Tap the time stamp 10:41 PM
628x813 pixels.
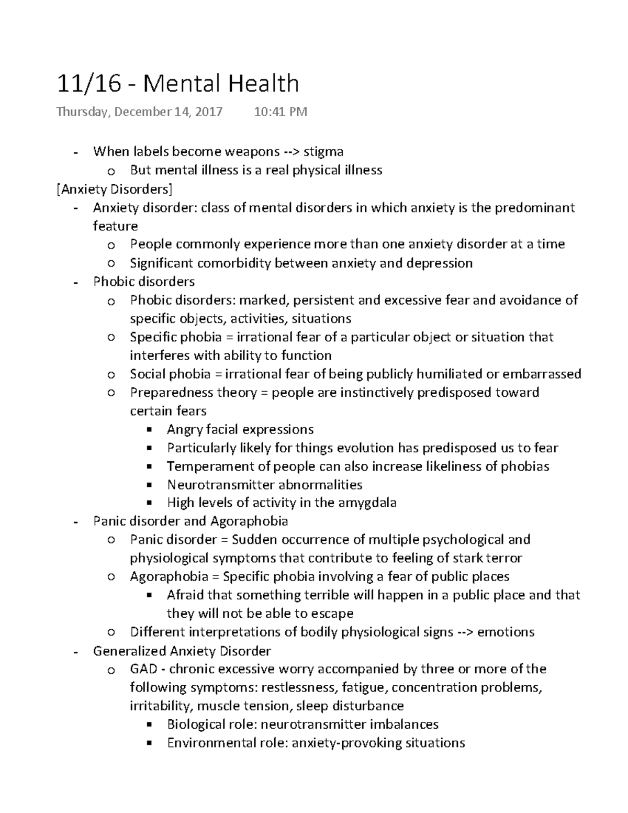click(x=281, y=112)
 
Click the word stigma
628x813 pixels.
click(x=323, y=152)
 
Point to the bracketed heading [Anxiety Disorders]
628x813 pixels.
click(x=115, y=189)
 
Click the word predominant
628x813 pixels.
click(x=535, y=208)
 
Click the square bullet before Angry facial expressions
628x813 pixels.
click(x=150, y=430)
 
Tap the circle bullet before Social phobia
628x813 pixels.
click(x=110, y=375)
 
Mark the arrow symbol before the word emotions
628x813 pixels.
click(x=465, y=632)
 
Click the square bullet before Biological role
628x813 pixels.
click(x=150, y=725)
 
